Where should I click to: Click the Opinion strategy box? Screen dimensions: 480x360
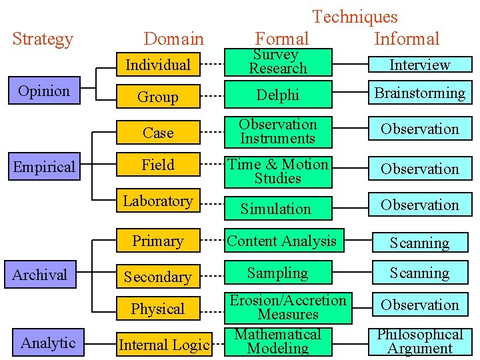point(44,91)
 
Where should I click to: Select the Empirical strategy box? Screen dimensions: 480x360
point(44,167)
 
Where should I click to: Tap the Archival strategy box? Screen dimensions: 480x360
point(40,275)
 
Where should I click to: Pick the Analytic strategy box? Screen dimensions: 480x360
point(48,343)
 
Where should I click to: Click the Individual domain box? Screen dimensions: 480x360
point(158,65)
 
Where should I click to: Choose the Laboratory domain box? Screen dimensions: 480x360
point(158,201)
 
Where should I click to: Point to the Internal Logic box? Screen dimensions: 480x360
point(164,345)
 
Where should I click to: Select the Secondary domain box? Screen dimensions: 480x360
point(158,276)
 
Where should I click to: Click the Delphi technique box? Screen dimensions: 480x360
point(278,95)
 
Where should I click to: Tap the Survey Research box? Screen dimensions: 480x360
point(278,61)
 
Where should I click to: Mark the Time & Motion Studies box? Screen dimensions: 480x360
point(278,171)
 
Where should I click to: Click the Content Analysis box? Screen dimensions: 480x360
point(282,241)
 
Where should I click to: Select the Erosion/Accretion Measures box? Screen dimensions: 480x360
point(288,307)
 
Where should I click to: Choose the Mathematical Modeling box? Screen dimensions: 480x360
point(278,341)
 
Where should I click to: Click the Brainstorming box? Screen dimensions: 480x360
point(420,93)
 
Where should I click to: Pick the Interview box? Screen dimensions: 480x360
point(420,65)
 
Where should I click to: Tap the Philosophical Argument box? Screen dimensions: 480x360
point(420,341)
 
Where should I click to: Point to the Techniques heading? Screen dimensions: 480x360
point(355,17)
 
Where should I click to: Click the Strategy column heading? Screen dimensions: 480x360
point(43,39)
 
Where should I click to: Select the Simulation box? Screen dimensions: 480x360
point(276,209)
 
